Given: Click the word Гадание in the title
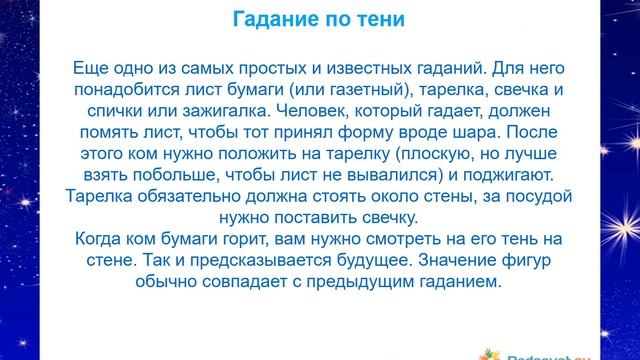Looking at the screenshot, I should pos(279,21).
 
